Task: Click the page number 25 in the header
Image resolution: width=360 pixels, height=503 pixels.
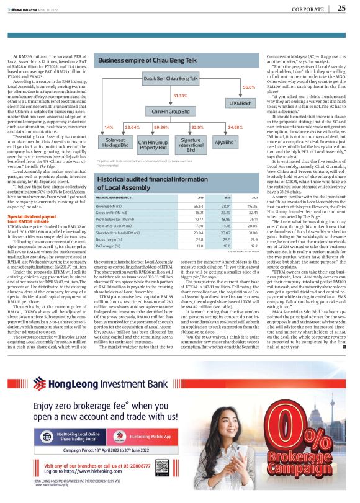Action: click(x=341, y=8)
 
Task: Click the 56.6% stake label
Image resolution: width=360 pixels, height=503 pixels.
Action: click(x=249, y=87)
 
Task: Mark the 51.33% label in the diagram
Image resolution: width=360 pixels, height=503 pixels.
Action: click(x=180, y=96)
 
